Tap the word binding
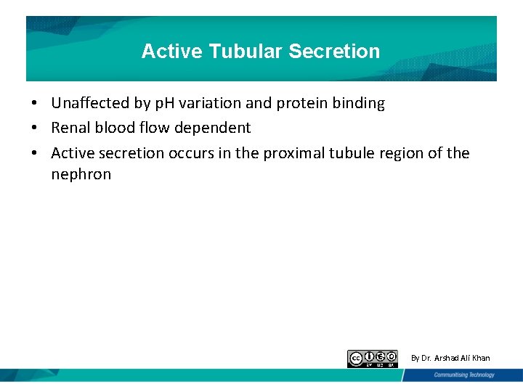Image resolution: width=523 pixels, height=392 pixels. (x=358, y=104)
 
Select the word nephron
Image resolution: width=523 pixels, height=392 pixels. (x=81, y=174)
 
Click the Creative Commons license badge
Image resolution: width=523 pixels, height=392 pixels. (x=372, y=359)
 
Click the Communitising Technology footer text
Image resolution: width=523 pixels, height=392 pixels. (x=463, y=375)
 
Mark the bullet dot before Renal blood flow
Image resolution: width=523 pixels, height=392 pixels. (x=34, y=128)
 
